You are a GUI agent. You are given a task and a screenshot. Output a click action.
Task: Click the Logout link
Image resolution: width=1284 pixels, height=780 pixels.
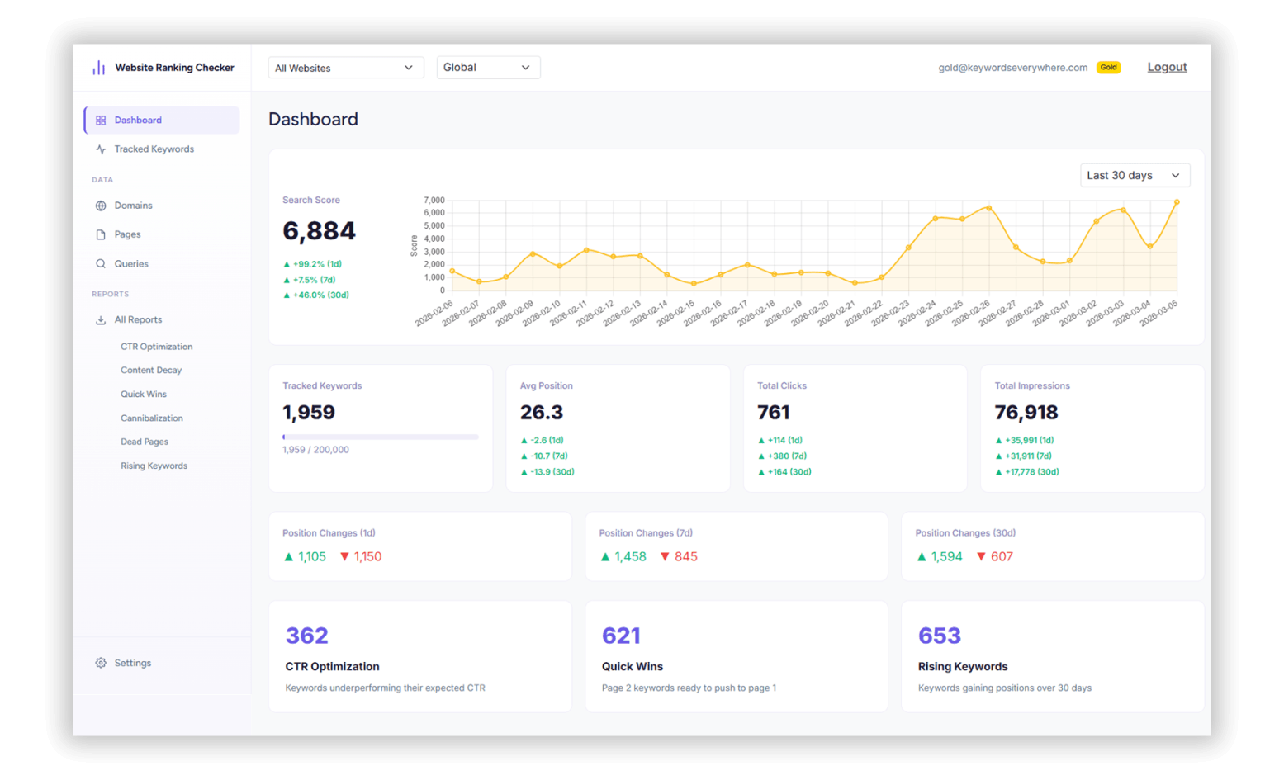1167,68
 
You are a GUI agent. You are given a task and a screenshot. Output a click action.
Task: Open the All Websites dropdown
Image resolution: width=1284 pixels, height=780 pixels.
345,68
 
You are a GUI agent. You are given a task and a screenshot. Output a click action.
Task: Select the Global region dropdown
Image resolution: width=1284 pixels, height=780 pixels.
488,68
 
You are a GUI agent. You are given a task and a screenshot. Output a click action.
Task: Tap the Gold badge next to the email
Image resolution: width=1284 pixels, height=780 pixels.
1108,68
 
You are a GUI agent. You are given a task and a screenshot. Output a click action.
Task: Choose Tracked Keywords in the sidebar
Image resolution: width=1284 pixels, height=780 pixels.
154,149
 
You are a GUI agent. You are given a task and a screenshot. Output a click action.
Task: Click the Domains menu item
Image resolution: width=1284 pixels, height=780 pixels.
133,206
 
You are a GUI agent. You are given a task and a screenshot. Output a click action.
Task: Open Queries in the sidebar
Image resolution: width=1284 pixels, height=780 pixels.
131,264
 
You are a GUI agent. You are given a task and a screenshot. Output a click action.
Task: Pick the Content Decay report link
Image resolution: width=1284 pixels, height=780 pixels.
151,371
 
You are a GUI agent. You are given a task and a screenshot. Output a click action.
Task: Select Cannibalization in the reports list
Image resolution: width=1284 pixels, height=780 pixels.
152,418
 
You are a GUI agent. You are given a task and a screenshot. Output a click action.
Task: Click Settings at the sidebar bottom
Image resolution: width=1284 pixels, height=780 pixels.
132,663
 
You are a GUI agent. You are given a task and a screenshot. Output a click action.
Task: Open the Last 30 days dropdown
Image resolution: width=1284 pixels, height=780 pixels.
1135,175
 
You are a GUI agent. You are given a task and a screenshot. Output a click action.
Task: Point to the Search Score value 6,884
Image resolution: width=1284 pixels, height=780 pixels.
319,231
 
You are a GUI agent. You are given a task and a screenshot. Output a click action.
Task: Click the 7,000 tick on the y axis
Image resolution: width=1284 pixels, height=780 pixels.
434,201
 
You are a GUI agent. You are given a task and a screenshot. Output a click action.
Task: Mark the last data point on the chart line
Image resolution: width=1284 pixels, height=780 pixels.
1177,202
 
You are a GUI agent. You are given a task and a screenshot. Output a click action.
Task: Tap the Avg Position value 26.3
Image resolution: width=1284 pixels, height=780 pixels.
542,413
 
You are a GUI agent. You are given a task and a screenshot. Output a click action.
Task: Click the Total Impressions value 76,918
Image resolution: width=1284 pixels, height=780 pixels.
1026,413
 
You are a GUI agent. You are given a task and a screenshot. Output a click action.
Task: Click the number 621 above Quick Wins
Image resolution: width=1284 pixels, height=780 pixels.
621,636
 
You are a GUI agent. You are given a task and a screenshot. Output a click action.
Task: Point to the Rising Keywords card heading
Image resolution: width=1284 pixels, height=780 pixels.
963,667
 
